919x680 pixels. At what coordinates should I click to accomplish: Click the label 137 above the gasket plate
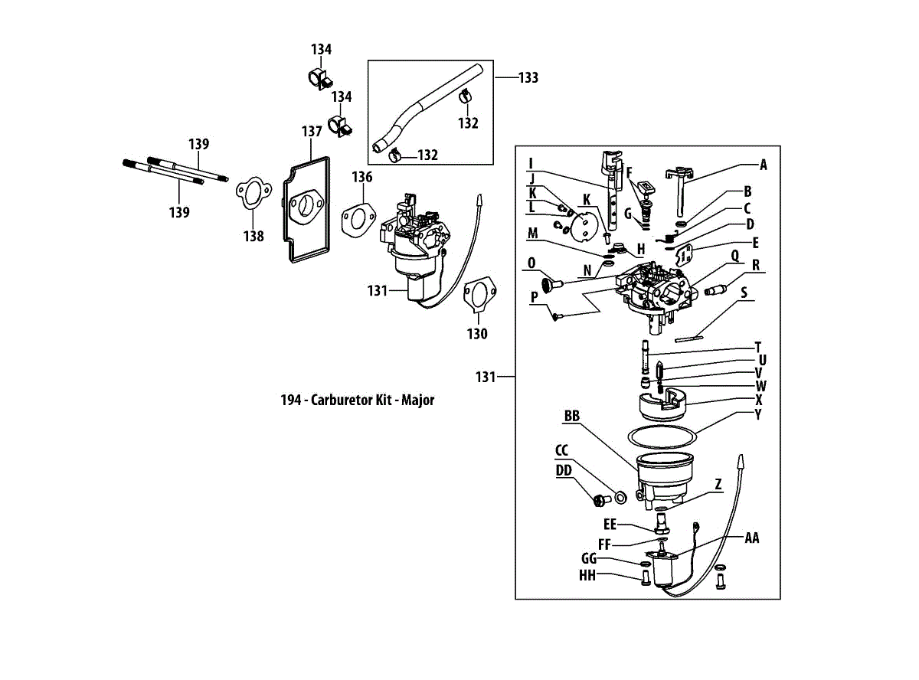pos(311,132)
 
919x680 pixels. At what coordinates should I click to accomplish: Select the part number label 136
pos(362,178)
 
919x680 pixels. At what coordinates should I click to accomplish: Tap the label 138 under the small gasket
pos(253,237)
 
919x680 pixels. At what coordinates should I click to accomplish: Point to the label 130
pos(477,334)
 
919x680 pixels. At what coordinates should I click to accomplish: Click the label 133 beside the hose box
pos(528,78)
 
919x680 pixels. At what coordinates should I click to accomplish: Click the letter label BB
pos(571,417)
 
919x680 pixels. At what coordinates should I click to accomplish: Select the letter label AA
pos(752,538)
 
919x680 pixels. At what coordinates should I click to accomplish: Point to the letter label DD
pos(564,470)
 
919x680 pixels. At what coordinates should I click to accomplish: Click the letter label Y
pos(758,415)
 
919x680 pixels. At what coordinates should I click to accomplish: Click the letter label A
pos(763,165)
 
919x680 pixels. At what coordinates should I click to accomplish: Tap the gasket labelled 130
pos(479,296)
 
